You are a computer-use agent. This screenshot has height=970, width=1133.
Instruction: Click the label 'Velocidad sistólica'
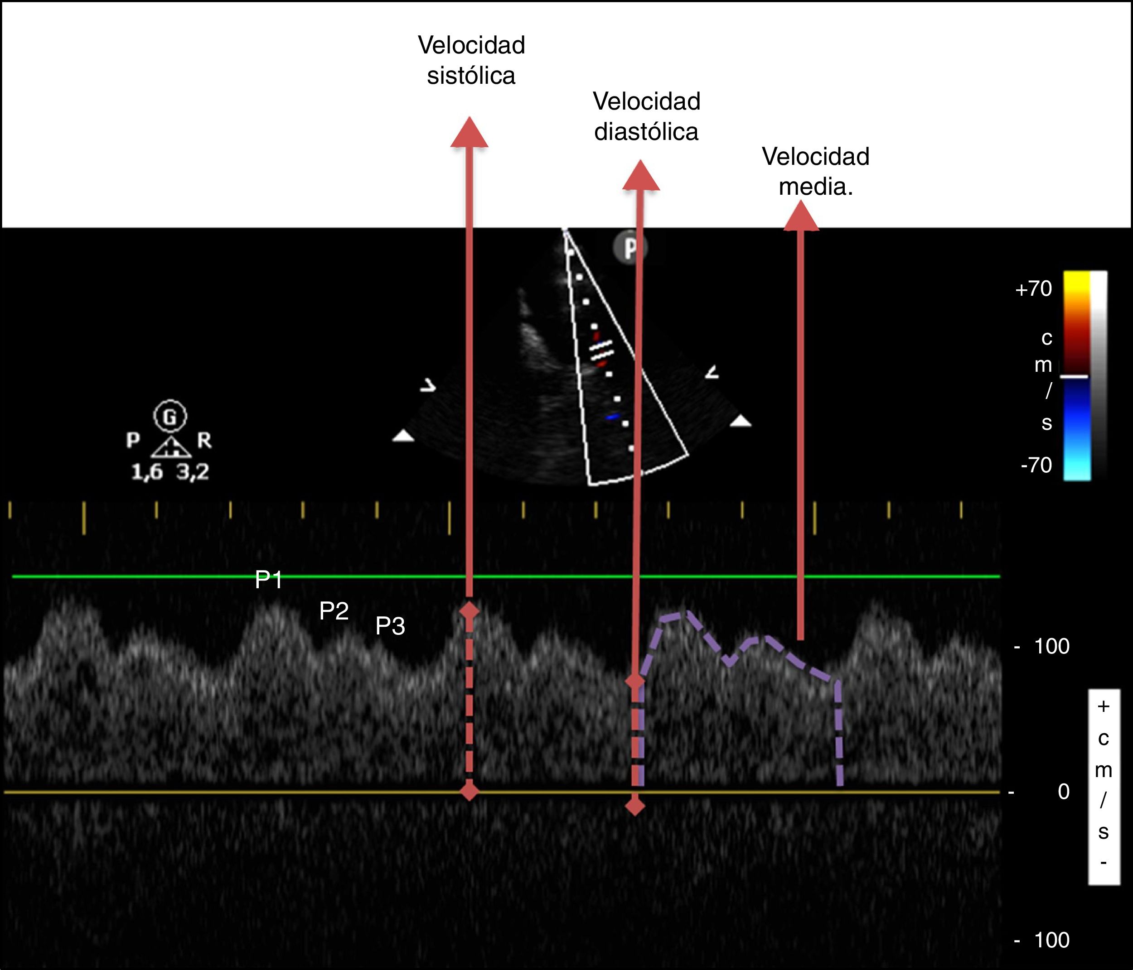471,60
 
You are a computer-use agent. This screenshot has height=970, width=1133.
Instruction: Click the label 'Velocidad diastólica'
646,116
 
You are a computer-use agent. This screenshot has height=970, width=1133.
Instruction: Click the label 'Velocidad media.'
815,172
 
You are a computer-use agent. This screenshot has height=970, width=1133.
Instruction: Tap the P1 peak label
268,580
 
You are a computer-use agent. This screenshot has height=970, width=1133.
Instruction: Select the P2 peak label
334,611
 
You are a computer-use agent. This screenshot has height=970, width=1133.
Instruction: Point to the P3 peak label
390,626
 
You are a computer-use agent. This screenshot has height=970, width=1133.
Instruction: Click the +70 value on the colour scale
1033,288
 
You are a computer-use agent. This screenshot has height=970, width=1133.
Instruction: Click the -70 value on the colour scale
1036,465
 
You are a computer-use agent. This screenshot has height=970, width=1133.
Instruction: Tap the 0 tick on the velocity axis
1063,792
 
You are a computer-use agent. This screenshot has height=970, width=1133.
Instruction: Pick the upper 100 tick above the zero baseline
1051,647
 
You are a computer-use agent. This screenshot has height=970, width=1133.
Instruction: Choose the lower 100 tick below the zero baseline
1051,940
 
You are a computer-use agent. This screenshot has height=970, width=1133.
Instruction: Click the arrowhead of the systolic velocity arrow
469,133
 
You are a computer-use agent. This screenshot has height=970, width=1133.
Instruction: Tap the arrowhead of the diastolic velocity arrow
641,176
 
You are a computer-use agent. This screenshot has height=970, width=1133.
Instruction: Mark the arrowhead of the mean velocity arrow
801,216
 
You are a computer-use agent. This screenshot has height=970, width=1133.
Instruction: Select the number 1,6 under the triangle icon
146,471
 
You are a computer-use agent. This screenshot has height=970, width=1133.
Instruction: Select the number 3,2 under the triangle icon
193,471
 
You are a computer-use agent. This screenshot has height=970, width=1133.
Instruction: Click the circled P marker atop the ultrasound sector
630,248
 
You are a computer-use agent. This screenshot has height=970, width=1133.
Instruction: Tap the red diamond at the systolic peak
469,611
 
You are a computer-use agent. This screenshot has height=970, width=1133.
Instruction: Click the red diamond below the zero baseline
634,806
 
